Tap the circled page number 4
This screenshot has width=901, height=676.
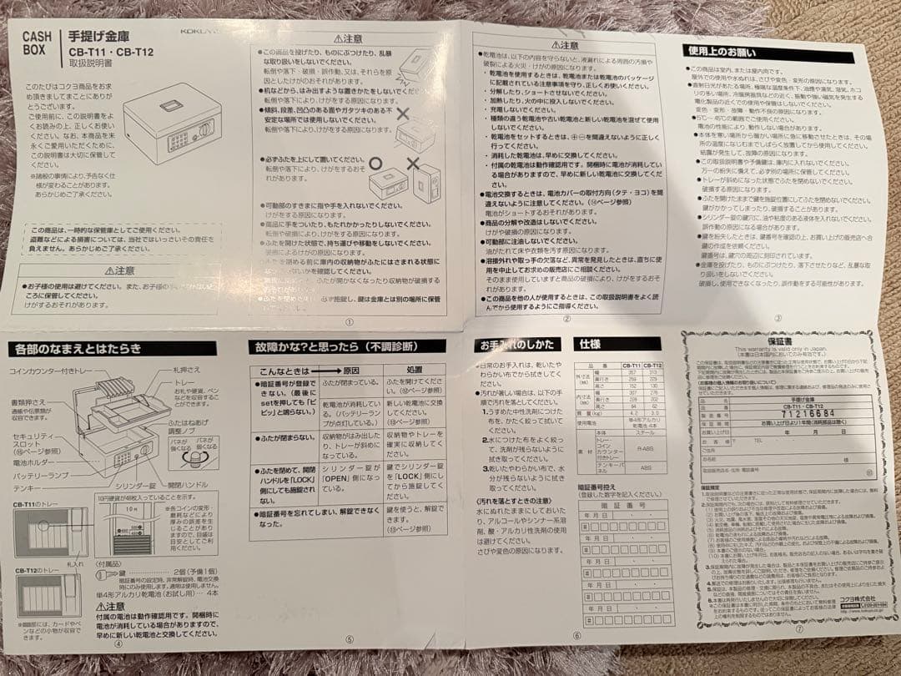(118, 643)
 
